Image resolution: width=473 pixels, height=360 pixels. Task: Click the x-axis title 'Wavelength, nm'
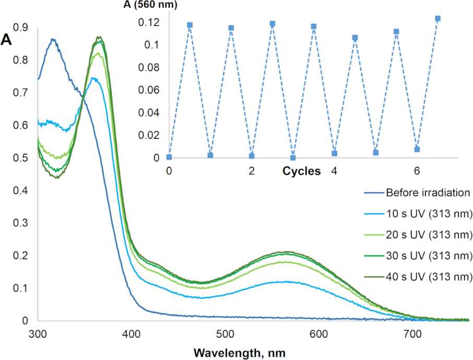click(240, 352)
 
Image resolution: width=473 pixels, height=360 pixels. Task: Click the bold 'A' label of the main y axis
click(7, 40)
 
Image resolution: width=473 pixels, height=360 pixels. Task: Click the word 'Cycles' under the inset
click(302, 171)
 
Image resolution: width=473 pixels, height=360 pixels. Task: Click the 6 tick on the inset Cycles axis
click(417, 171)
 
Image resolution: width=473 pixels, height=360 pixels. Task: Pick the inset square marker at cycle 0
click(169, 157)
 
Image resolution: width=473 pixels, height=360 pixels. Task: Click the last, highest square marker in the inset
click(437, 18)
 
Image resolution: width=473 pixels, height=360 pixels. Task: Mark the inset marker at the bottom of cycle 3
click(293, 158)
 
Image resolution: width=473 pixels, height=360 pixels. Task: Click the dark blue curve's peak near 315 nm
click(52, 39)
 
